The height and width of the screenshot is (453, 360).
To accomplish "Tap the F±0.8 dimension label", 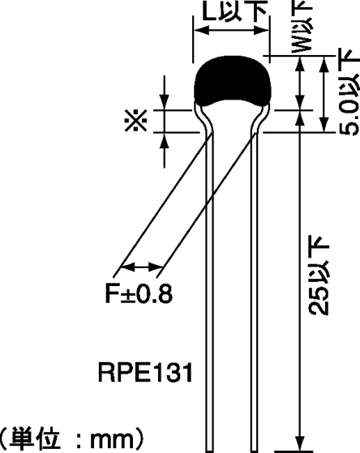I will tap(139, 293).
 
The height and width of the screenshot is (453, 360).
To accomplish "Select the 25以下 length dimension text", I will tap(322, 276).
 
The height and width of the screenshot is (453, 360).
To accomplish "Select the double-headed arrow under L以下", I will tap(231, 32).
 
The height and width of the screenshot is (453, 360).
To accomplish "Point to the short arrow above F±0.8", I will tap(142, 267).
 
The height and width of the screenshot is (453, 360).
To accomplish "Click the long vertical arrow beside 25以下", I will tap(300, 284).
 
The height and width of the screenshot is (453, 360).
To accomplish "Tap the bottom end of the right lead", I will tap(253, 447).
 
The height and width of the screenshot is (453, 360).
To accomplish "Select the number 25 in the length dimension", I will tap(322, 301).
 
